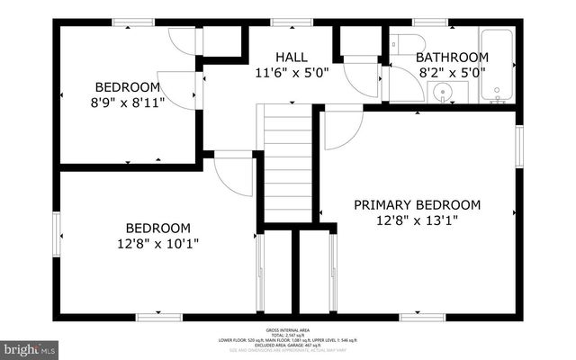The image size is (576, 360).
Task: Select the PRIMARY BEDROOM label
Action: coord(417,204)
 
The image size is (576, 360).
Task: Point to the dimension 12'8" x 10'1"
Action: coord(157,243)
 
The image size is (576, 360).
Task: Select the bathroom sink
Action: coord(440,92)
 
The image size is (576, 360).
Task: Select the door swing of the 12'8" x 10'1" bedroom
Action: coord(235,175)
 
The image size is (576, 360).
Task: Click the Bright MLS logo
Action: coord(30,346)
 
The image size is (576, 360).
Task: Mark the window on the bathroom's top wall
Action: coord(424,22)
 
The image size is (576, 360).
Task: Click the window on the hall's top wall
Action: coord(285,22)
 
